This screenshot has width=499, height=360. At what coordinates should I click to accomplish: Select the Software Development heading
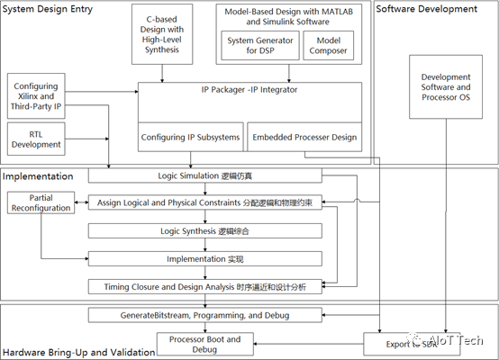click(x=426, y=9)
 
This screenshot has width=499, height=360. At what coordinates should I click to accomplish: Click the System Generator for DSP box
click(x=259, y=44)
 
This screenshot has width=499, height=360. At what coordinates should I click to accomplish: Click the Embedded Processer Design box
click(x=305, y=138)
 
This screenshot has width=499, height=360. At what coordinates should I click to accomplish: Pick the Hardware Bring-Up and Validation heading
click(x=77, y=352)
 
